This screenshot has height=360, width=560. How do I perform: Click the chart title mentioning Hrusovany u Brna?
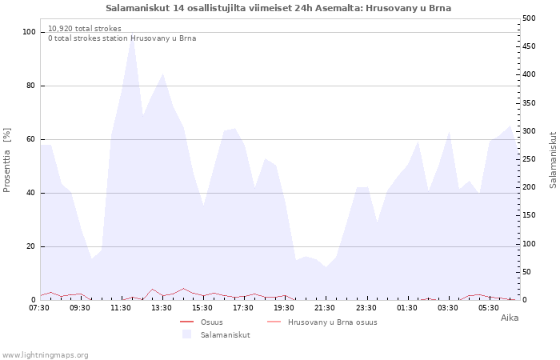point(278,8)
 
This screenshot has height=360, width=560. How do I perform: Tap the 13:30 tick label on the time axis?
point(162,308)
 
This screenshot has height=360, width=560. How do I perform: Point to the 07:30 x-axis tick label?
point(39,308)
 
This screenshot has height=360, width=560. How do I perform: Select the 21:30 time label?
point(325,308)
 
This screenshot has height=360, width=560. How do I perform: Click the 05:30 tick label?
point(488,308)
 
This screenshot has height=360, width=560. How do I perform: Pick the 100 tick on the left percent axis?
point(30,32)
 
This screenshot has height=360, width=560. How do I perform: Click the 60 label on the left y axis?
point(30,139)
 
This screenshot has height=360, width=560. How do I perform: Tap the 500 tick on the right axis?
point(529,18)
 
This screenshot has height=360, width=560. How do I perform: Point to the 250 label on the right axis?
point(529,159)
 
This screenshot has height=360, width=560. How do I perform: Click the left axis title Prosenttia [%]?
point(6,160)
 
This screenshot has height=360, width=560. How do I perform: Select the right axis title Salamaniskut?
point(553,160)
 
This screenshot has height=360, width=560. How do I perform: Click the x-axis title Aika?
point(510,318)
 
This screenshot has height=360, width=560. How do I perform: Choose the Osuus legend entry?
point(202,322)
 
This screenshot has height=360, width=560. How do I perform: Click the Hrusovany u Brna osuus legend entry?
point(322,322)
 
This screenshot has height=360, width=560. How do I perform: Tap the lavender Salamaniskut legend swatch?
point(186,334)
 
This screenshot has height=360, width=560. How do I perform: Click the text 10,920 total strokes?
point(85,29)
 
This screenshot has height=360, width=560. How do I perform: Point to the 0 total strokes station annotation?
point(122,38)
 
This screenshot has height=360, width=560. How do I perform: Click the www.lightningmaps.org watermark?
point(45,355)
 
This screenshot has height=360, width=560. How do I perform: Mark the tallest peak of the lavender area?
point(133,34)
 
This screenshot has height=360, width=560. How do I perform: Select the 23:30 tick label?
point(366,308)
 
